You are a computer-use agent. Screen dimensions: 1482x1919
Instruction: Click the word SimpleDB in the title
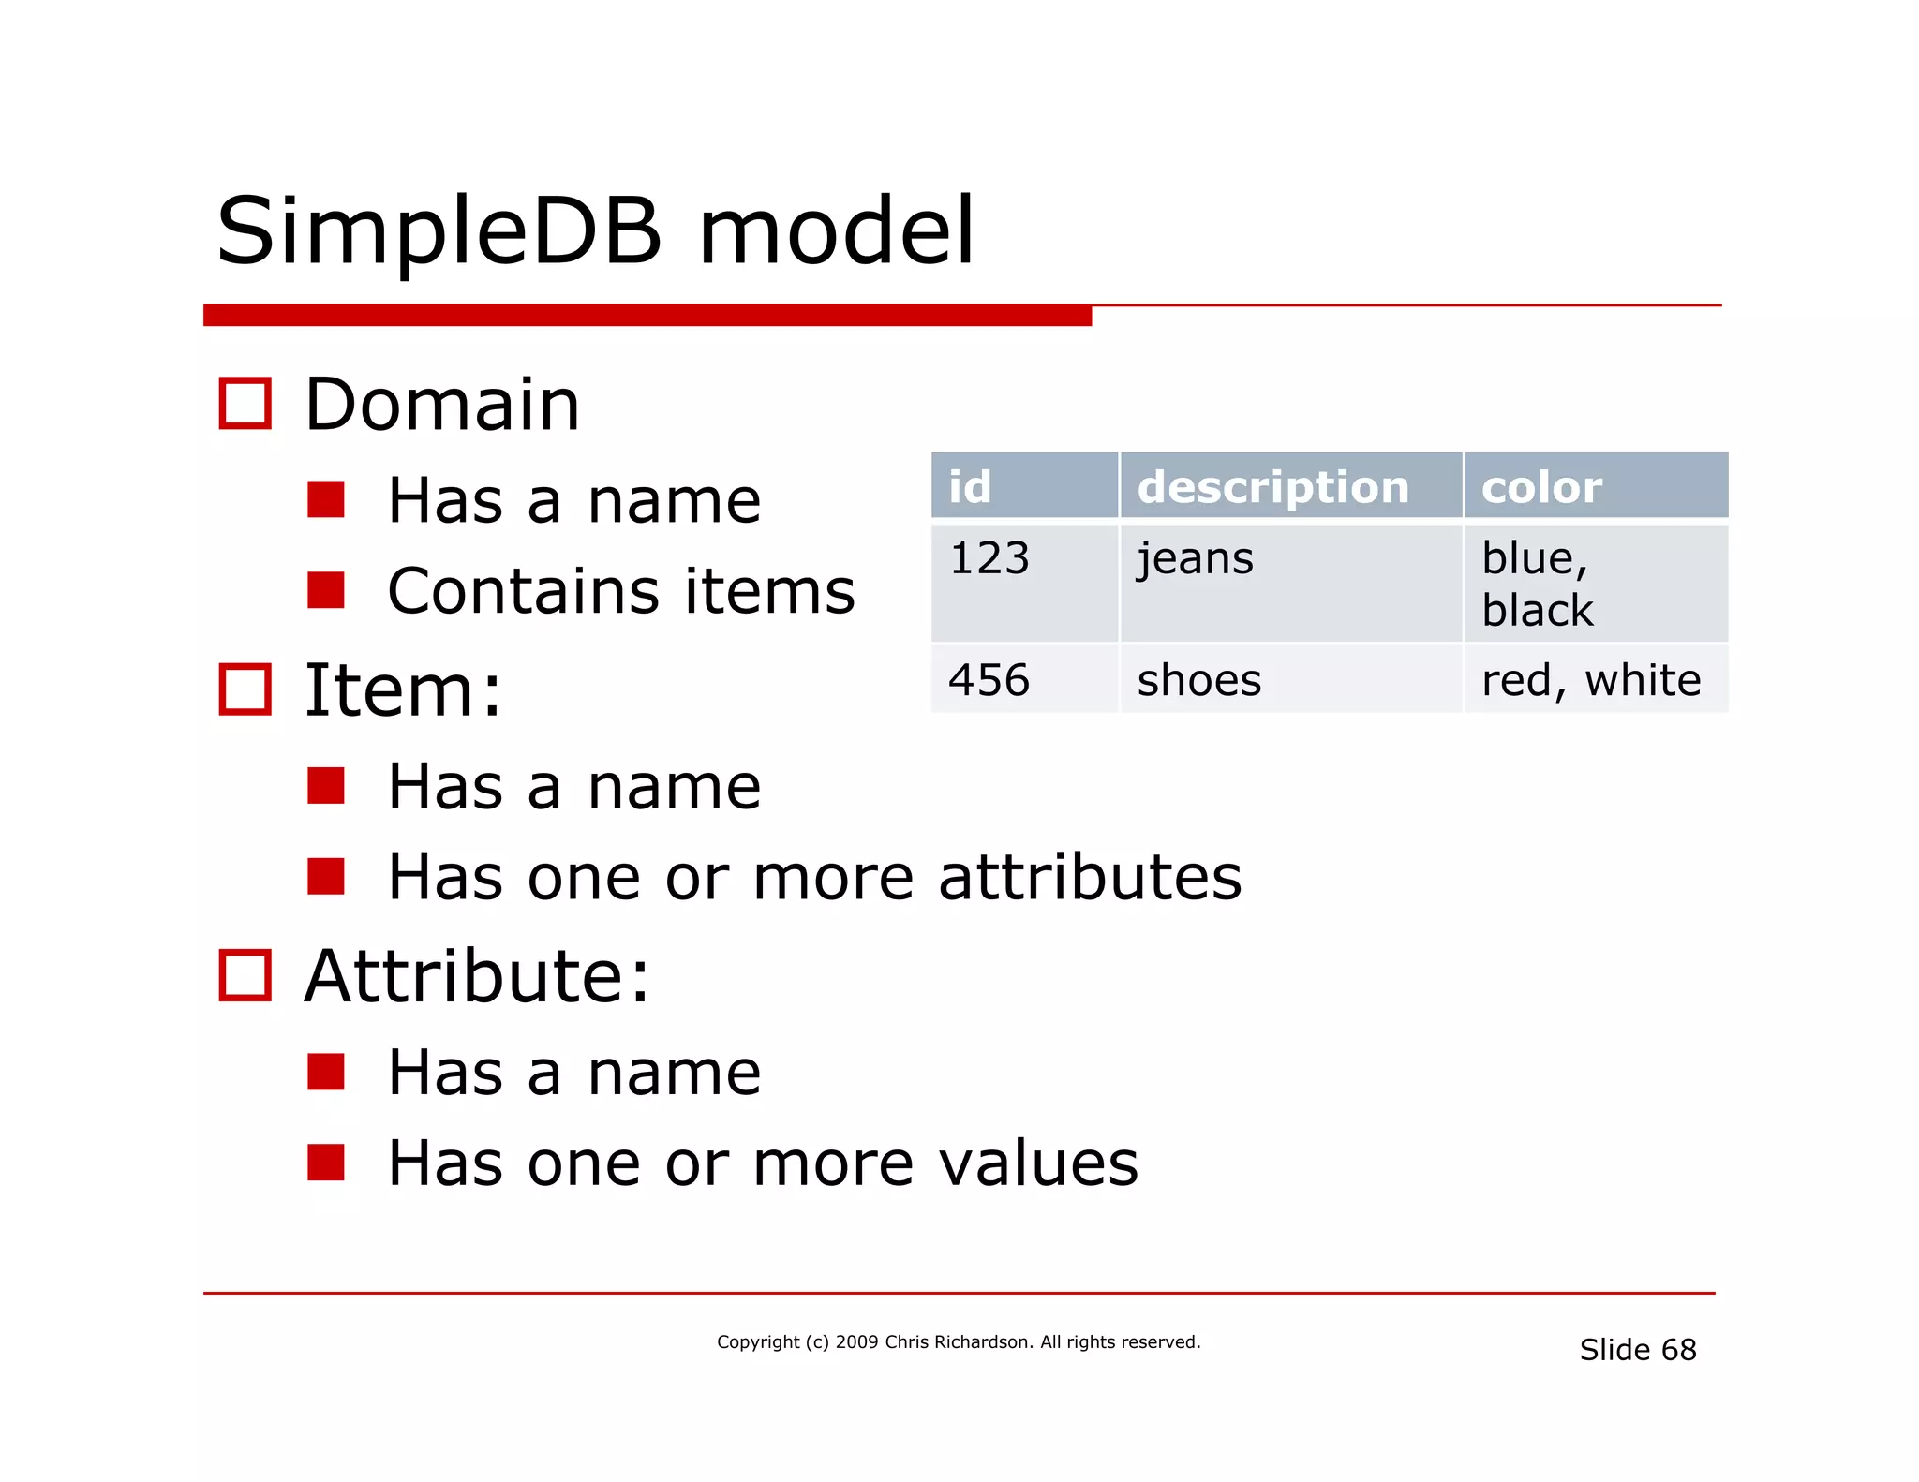coord(439,231)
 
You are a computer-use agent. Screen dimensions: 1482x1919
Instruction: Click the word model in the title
coord(837,231)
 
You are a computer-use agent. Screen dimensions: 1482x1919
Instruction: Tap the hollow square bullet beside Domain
coord(245,404)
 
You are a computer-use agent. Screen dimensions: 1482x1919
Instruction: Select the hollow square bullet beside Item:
coord(245,689)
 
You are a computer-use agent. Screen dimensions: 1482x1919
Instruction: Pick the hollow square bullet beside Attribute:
coord(245,975)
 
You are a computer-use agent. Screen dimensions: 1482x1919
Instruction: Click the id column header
coord(1024,486)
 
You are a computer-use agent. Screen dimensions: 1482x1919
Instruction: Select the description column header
coord(1290,486)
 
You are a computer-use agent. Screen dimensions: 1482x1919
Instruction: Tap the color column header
coord(1595,486)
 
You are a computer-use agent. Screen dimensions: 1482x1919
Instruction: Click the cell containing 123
coord(1024,583)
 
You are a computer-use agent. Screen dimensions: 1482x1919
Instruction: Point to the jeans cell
coord(1290,583)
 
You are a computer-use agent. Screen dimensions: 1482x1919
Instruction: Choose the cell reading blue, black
coord(1595,583)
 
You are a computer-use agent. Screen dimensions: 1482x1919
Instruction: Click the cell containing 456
coord(1024,679)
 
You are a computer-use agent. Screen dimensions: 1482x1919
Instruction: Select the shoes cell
coord(1290,679)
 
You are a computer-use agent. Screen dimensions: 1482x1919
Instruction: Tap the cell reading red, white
coord(1595,679)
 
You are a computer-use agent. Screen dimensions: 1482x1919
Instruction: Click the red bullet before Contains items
coord(326,590)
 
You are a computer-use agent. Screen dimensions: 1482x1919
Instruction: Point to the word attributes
coord(1090,878)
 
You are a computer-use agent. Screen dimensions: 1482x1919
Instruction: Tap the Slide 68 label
coord(1637,1349)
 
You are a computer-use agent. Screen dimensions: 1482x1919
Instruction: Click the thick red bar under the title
coord(647,316)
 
